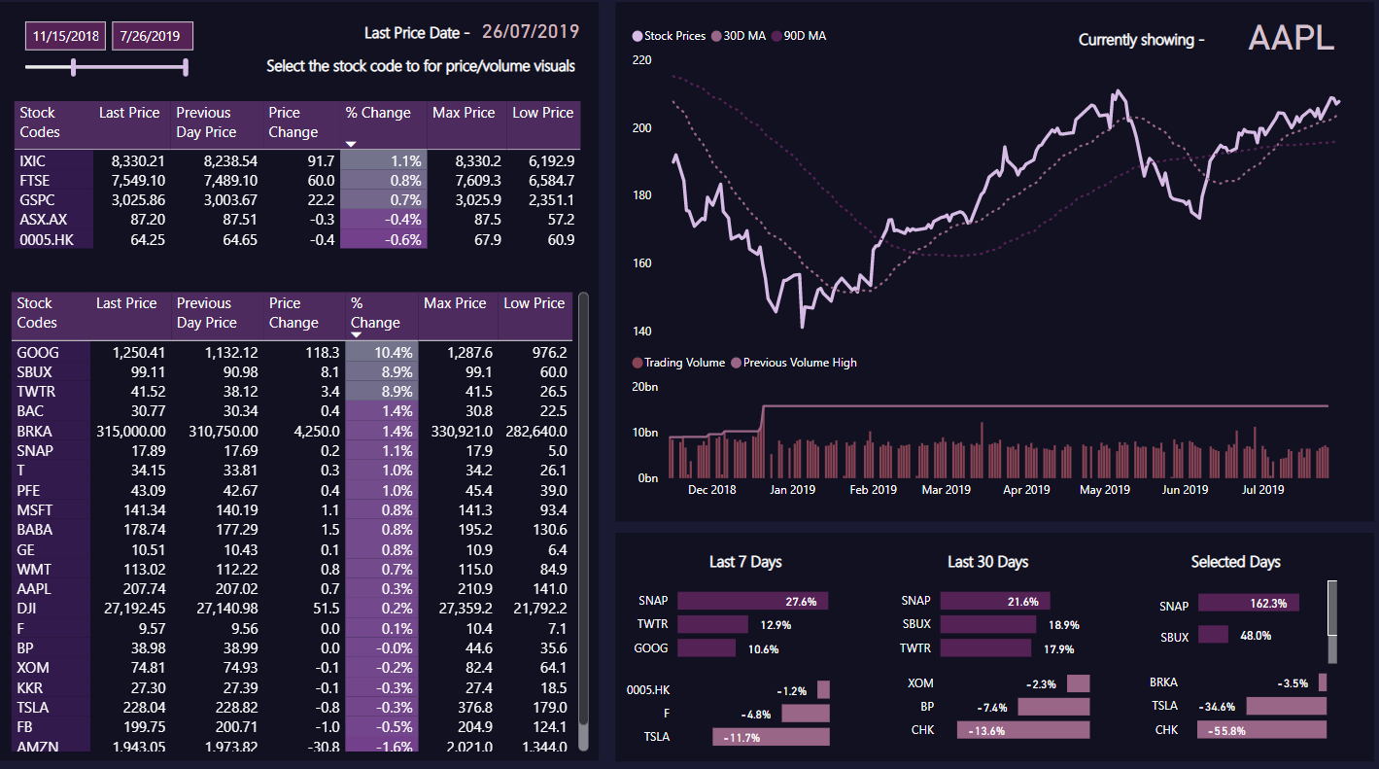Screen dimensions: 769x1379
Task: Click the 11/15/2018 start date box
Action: (66, 36)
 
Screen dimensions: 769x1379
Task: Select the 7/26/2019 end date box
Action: (153, 36)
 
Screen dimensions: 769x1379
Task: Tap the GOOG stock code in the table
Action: (38, 352)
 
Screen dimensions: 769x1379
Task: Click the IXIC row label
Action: (33, 160)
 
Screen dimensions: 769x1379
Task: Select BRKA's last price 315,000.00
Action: (130, 431)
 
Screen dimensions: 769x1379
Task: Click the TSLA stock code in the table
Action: (35, 707)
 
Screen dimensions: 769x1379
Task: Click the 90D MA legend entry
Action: (804, 36)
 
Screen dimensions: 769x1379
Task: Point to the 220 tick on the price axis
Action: (642, 59)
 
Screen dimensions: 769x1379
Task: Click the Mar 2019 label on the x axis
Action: (946, 490)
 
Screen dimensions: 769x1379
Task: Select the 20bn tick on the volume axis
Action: (644, 387)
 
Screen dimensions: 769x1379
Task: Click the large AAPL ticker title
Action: (1291, 38)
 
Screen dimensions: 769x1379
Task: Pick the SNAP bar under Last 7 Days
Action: (752, 601)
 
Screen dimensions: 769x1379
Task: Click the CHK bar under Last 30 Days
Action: (1023, 729)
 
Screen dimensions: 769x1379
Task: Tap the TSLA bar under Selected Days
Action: (1286, 706)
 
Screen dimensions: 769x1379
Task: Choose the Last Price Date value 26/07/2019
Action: (531, 32)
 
